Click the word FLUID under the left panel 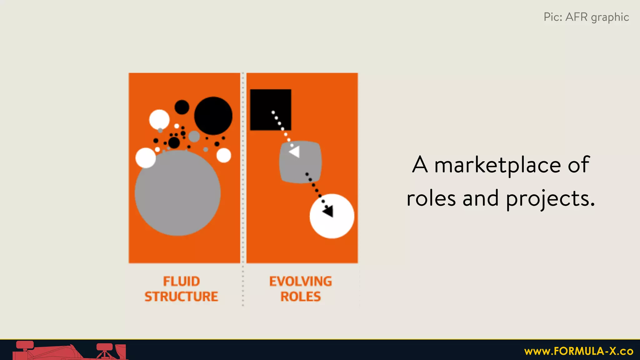[181, 281]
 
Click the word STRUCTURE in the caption [181, 297]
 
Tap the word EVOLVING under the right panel [301, 281]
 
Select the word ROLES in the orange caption [301, 297]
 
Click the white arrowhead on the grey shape [295, 152]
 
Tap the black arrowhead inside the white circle [328, 212]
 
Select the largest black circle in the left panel [213, 116]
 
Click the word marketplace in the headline [497, 165]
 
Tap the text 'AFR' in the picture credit [577, 17]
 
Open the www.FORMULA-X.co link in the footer [579, 351]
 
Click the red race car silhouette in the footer [69, 352]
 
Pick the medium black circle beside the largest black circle [182, 107]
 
